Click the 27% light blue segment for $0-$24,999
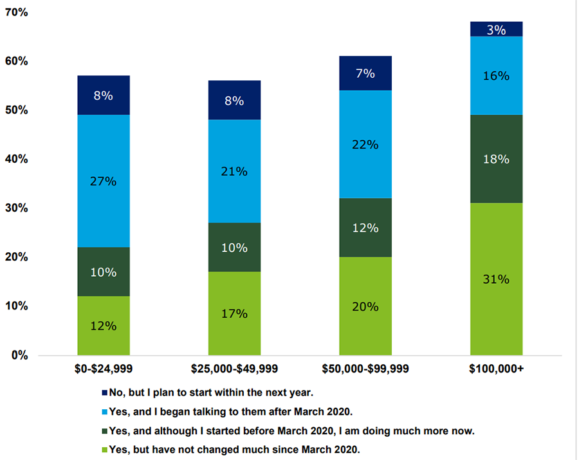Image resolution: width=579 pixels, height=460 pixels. click(104, 181)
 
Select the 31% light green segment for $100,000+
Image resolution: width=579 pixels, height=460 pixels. click(496, 279)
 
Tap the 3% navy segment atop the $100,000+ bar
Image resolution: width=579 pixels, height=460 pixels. click(496, 29)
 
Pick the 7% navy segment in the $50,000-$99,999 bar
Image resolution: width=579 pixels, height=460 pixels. click(365, 73)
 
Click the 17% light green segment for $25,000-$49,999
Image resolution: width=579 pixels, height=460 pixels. click(234, 313)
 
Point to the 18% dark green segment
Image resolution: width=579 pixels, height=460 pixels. click(496, 159)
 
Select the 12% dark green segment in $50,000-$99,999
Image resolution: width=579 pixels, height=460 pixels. click(365, 228)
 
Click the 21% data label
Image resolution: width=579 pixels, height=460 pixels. click(234, 172)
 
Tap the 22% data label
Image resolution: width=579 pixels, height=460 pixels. click(365, 144)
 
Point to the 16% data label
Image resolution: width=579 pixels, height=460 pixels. click(496, 76)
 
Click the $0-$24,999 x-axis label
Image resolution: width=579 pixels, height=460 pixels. click(104, 369)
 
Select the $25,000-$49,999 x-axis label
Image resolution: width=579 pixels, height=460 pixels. click(234, 369)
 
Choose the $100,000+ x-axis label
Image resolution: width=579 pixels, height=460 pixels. click(496, 369)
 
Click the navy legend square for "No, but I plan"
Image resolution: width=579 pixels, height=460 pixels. click(105, 392)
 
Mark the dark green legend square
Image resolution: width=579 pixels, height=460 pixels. click(105, 430)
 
